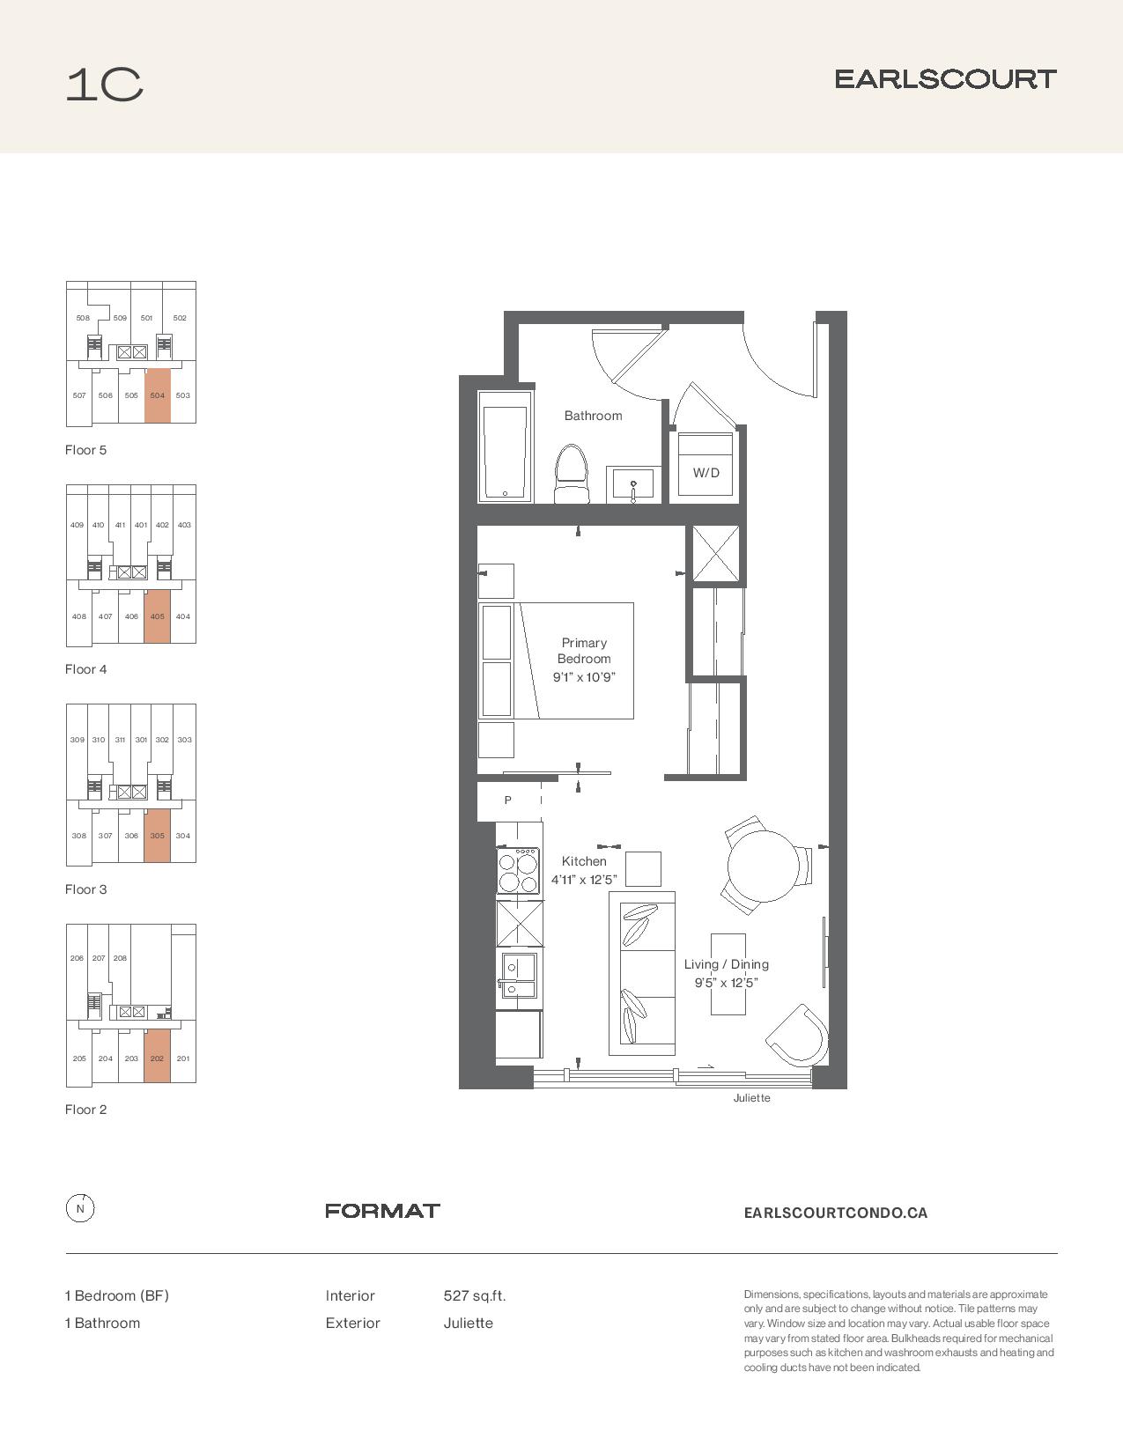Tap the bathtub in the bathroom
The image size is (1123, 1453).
(x=506, y=446)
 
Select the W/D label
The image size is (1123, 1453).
(x=706, y=473)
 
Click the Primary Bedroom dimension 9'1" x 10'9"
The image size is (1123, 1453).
(x=584, y=676)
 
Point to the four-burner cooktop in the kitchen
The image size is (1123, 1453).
(x=518, y=870)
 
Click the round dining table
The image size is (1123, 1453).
(x=763, y=867)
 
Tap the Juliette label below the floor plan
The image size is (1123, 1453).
(x=752, y=1098)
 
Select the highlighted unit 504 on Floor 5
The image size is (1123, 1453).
(x=157, y=395)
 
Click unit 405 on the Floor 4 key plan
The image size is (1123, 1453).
(x=157, y=616)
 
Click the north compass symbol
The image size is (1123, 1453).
(x=80, y=1209)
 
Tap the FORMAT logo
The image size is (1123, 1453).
(x=382, y=1211)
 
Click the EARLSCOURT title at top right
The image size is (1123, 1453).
(x=946, y=79)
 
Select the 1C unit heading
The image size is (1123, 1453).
(x=104, y=85)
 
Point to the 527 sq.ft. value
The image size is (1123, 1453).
(x=475, y=1296)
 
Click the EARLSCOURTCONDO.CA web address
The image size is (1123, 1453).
(x=835, y=1213)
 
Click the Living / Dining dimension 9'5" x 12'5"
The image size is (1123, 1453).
(x=727, y=982)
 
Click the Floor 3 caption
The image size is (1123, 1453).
(x=85, y=889)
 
